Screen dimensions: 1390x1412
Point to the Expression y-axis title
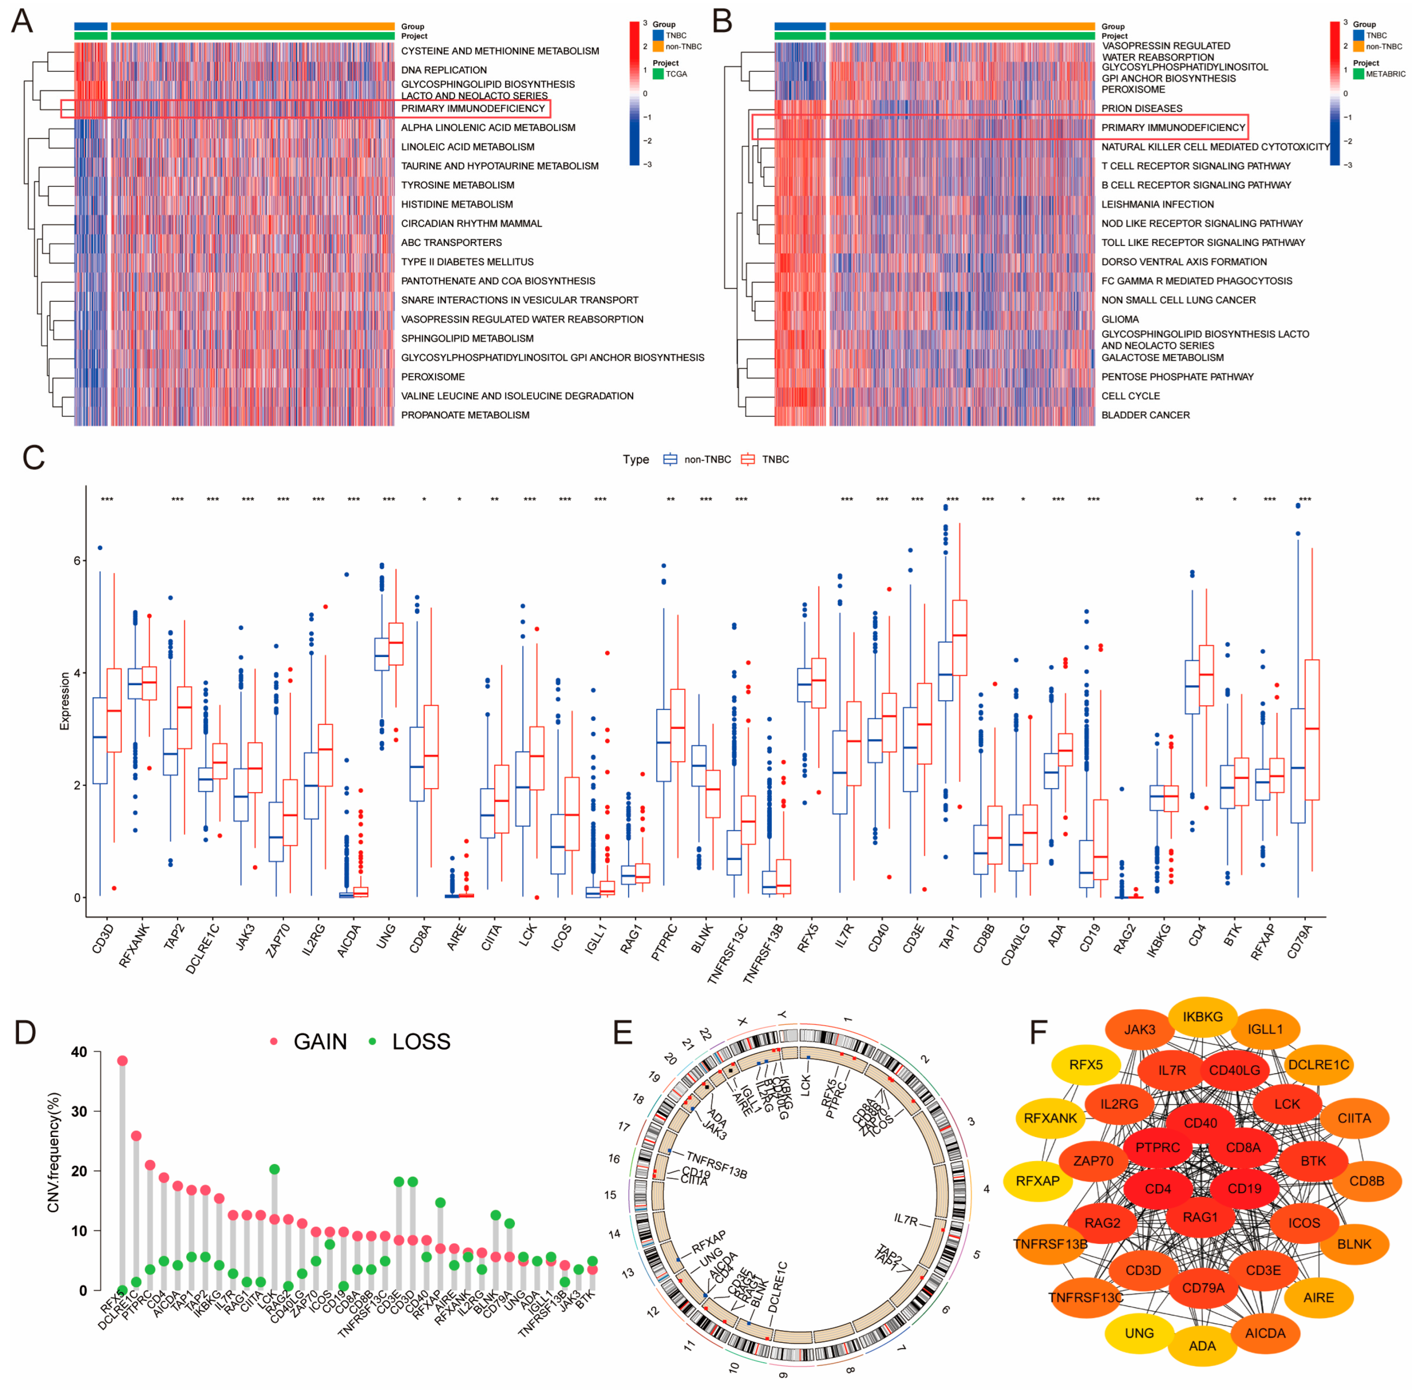pos(64,701)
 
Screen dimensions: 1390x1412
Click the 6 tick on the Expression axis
pos(77,561)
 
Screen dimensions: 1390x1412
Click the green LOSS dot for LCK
pos(274,1170)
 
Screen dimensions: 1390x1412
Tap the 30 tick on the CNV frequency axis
pos(79,1111)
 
